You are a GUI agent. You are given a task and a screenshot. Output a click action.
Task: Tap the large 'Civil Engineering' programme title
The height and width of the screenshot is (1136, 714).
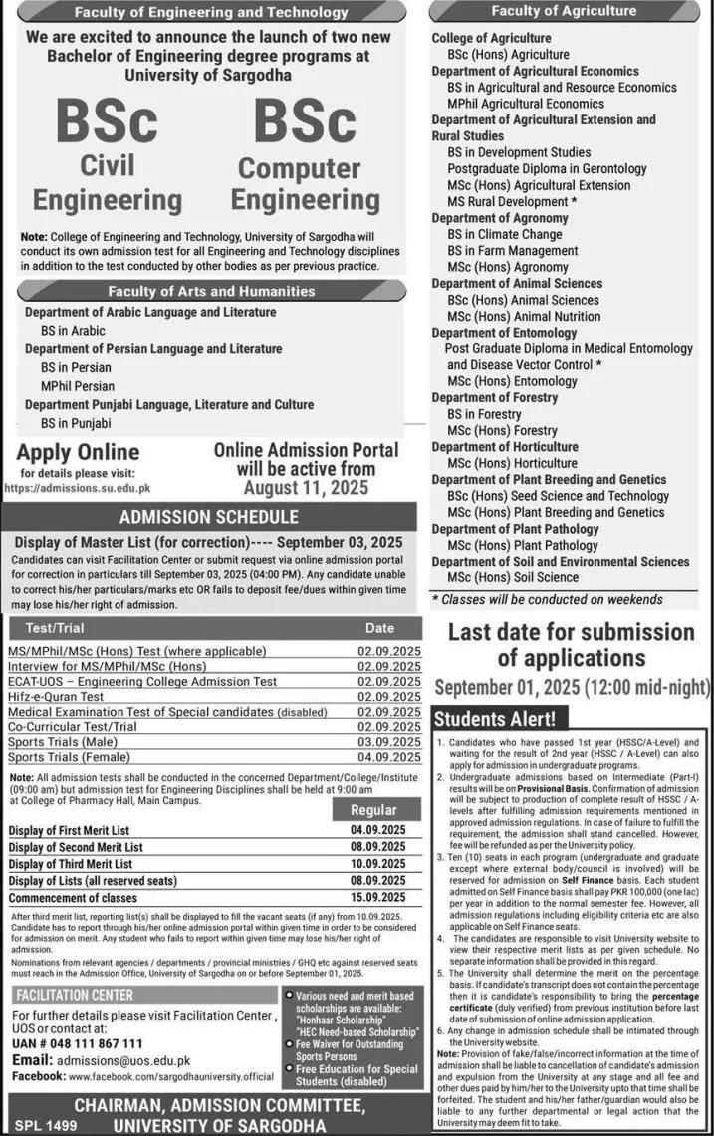[108, 180]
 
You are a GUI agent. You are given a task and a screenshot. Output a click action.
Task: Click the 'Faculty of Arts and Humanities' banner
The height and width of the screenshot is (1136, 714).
[210, 291]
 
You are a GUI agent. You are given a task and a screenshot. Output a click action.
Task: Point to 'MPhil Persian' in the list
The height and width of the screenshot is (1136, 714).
[78, 386]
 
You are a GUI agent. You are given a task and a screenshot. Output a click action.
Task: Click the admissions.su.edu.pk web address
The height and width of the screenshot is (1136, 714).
[77, 488]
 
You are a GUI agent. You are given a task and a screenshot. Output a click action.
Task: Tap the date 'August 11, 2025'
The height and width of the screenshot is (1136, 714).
[307, 488]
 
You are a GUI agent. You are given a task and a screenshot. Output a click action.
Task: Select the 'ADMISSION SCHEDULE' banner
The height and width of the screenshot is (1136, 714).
[209, 517]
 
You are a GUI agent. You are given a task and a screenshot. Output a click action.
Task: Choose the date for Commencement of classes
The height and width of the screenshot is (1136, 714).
[378, 898]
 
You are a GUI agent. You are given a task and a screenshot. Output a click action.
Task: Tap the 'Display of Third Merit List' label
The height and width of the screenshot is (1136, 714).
[71, 864]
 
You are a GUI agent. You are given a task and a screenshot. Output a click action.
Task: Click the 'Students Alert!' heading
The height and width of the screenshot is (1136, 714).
[488, 718]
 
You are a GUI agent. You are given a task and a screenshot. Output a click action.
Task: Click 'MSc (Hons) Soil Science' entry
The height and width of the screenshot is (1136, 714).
[513, 577]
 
